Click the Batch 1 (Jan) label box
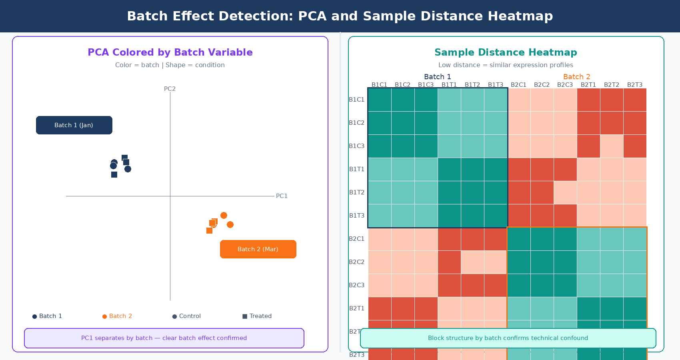pyautogui.click(x=74, y=125)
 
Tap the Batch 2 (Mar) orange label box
pyautogui.click(x=258, y=249)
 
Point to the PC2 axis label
pyautogui.click(x=170, y=89)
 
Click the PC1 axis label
pyautogui.click(x=282, y=196)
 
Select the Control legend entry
pyautogui.click(x=186, y=316)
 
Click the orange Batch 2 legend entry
pyautogui.click(x=117, y=316)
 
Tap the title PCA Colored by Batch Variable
pyautogui.click(x=170, y=52)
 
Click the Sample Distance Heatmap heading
pyautogui.click(x=506, y=52)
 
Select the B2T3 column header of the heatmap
pyautogui.click(x=635, y=85)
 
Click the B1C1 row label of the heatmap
pyautogui.click(x=356, y=100)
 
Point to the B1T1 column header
pyautogui.click(x=449, y=85)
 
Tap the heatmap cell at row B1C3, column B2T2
pyautogui.click(x=612, y=146)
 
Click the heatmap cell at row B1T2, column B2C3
pyautogui.click(x=565, y=192)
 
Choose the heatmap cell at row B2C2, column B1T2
pyautogui.click(x=472, y=262)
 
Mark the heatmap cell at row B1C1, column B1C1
pyautogui.click(x=380, y=100)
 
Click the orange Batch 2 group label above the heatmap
pyautogui.click(x=576, y=77)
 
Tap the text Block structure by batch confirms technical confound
pyautogui.click(x=508, y=338)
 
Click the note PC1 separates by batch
pyautogui.click(x=164, y=338)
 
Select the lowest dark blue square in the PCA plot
pyautogui.click(x=114, y=174)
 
